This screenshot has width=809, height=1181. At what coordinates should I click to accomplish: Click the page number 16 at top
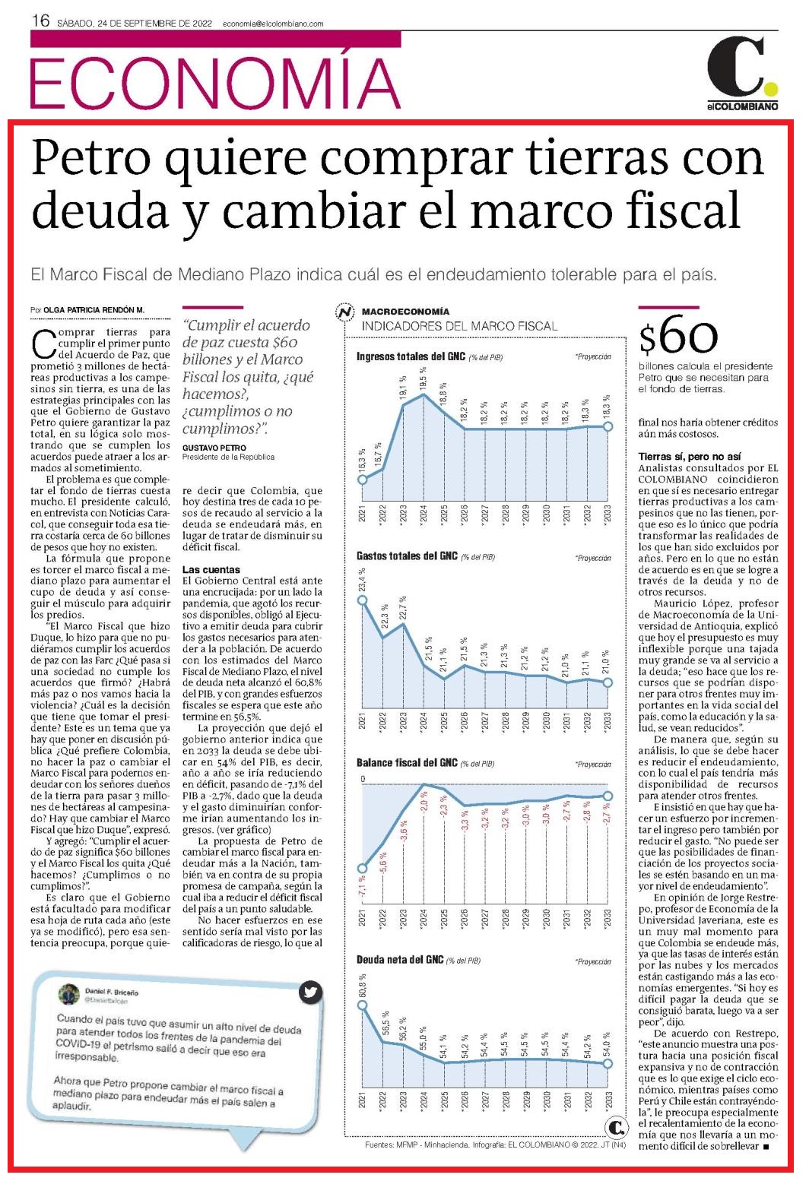click(x=40, y=21)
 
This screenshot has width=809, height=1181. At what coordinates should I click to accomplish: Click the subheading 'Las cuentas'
click(x=211, y=569)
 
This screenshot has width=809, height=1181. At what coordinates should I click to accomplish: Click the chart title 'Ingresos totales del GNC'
click(x=411, y=356)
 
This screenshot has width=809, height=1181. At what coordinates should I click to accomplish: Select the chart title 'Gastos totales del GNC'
click(x=407, y=556)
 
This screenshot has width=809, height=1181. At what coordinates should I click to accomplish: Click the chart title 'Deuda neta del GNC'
click(x=400, y=960)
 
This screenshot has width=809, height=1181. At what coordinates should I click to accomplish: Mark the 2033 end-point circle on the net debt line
click(x=608, y=1064)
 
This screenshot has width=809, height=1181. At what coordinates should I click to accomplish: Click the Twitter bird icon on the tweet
click(x=310, y=993)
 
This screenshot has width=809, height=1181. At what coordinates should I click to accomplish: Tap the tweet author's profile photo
click(x=68, y=994)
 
